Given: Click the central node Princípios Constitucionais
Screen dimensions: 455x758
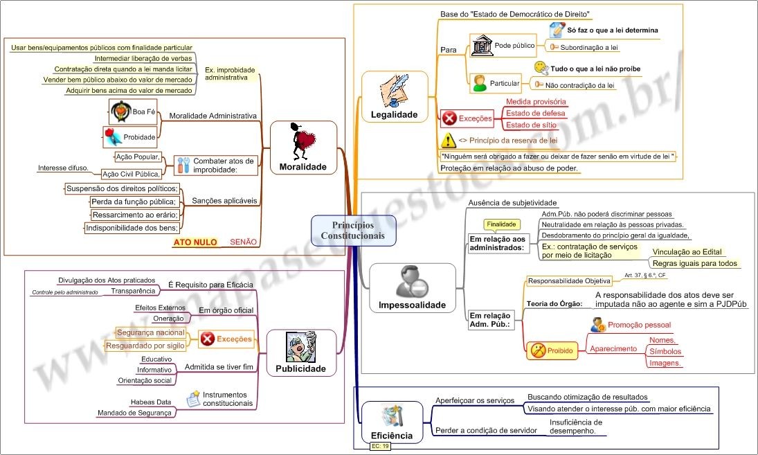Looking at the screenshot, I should [353, 231].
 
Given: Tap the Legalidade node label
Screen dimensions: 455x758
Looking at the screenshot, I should [394, 114].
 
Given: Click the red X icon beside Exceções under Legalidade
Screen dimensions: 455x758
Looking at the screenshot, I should [449, 118].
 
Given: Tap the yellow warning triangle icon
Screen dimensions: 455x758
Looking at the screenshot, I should [448, 141].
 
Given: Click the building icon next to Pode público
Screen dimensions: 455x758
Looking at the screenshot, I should [481, 46].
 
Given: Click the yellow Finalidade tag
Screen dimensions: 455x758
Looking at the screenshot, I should [502, 224].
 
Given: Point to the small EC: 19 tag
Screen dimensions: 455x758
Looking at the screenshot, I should [381, 447].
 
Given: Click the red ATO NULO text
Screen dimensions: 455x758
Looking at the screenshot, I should [195, 242].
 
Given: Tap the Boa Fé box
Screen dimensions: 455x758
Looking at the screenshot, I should [133, 111].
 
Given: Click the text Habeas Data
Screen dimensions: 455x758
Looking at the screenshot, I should [151, 402].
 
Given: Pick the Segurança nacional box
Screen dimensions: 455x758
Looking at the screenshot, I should [150, 332].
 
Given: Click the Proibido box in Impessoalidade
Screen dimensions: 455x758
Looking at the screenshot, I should [551, 350].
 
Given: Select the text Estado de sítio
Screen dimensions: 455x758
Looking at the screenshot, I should [531, 125].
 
